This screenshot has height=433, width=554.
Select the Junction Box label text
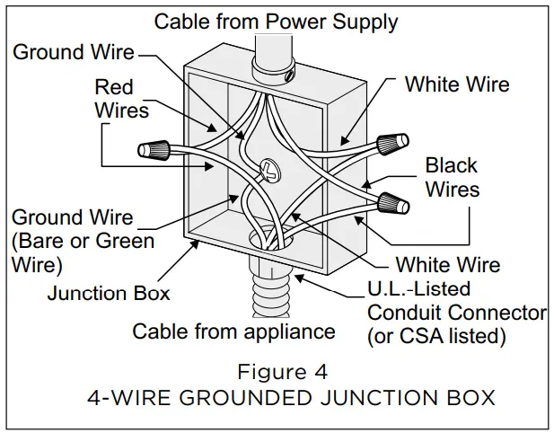pyautogui.click(x=108, y=293)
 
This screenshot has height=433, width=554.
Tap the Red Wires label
pyautogui.click(x=125, y=98)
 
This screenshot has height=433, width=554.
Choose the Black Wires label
pyautogui.click(x=452, y=177)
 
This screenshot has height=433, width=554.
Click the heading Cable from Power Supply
pyautogui.click(x=277, y=20)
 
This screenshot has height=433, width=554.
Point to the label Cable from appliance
pyautogui.click(x=233, y=331)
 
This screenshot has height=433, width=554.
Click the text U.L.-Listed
pyautogui.click(x=419, y=290)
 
